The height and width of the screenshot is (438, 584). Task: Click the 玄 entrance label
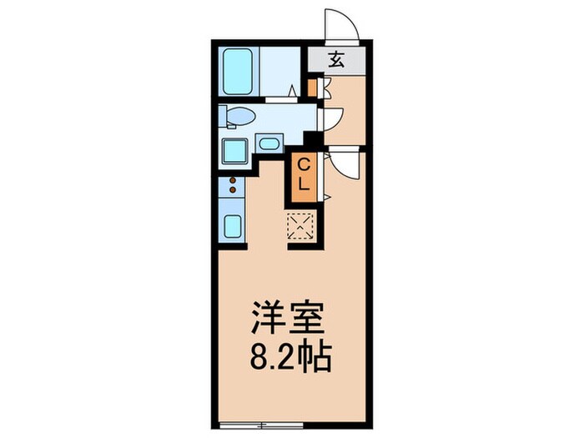pyautogui.click(x=336, y=59)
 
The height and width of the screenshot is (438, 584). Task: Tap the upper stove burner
pyautogui.click(x=231, y=181)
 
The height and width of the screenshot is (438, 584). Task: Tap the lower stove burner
pyautogui.click(x=231, y=192)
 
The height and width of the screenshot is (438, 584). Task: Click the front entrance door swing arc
pyautogui.click(x=344, y=25)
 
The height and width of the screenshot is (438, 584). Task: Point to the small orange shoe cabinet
pyautogui.click(x=312, y=87)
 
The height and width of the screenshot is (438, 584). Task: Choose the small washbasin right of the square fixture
pyautogui.click(x=269, y=143)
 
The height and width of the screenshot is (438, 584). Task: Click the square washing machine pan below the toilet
pyautogui.click(x=233, y=152)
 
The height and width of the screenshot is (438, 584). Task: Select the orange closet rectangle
pyautogui.click(x=303, y=177)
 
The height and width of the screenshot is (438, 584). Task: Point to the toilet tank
pyautogui.click(x=224, y=117)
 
